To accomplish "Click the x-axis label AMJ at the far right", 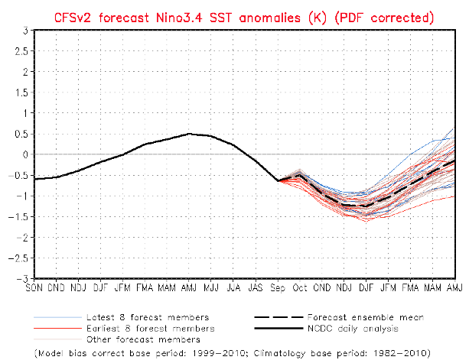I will point(455,287).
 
